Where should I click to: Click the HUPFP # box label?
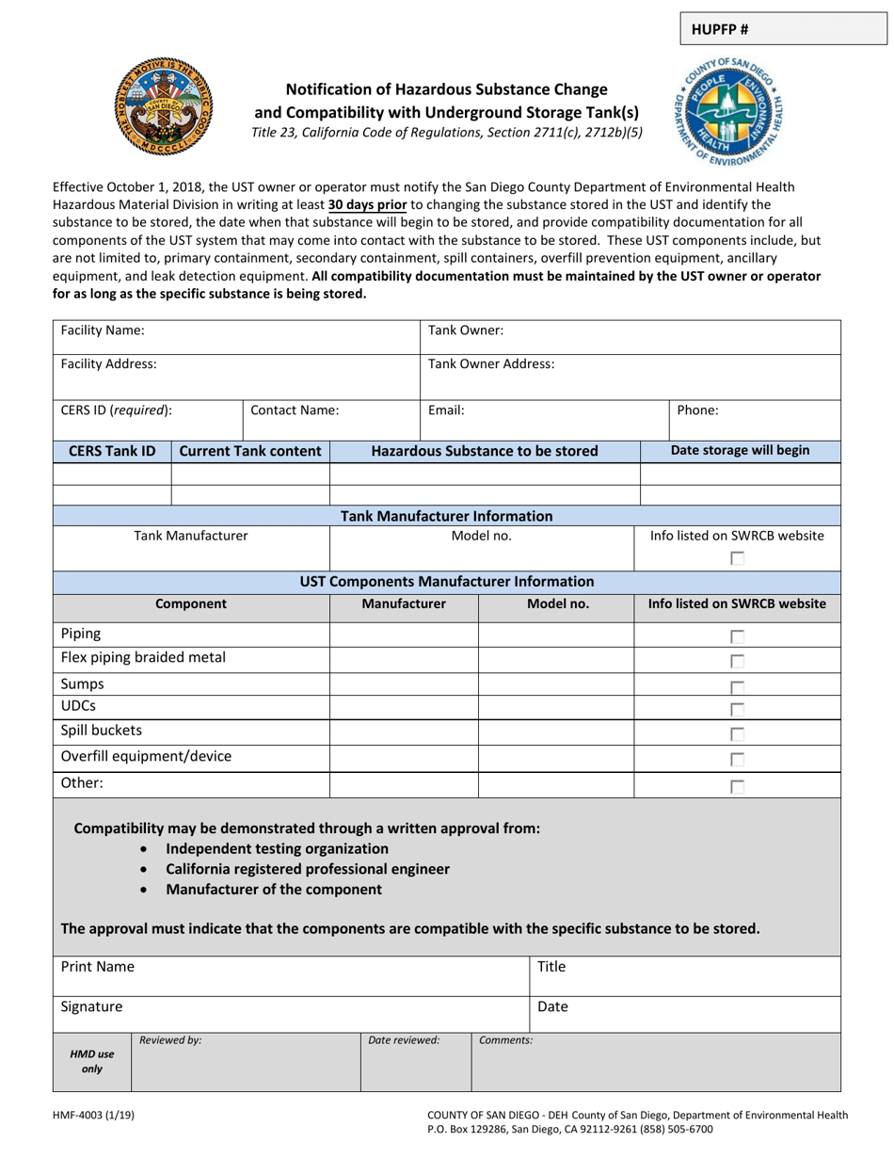point(720,28)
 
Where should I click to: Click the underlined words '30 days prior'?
point(368,204)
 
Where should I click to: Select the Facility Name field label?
point(103,330)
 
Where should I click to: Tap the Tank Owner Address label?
point(491,363)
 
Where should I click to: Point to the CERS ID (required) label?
point(116,410)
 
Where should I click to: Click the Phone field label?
point(698,410)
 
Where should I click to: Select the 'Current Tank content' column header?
point(250,451)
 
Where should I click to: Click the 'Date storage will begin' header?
point(740,450)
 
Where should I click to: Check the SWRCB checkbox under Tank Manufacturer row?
point(738,558)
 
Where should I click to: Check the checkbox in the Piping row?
point(738,636)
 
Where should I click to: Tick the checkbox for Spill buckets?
point(738,733)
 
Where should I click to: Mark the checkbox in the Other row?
point(738,786)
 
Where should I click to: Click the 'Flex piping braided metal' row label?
point(143,657)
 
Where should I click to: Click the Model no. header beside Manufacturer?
point(557,604)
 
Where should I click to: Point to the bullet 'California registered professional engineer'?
point(307,869)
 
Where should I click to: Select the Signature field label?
point(91,1006)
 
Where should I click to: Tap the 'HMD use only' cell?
point(92,1062)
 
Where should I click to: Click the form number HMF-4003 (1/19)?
point(93,1116)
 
